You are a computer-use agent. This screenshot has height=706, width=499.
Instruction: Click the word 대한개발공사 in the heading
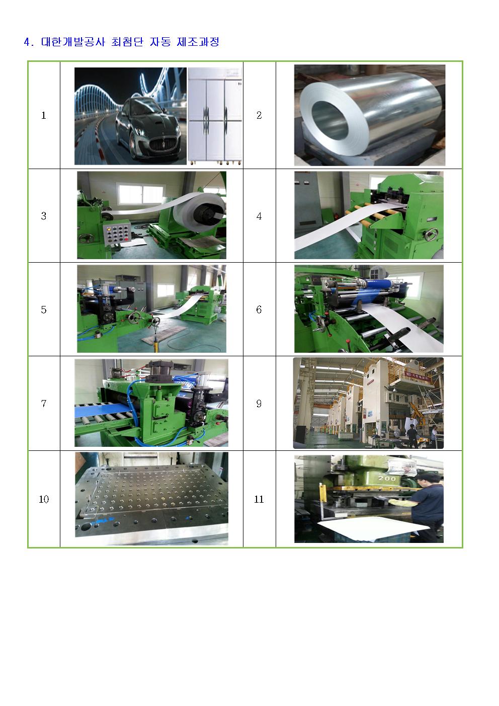pyautogui.click(x=73, y=42)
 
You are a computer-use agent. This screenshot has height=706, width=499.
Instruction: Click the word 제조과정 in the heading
pyautogui.click(x=198, y=42)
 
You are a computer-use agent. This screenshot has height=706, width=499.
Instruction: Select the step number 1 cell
pyautogui.click(x=44, y=115)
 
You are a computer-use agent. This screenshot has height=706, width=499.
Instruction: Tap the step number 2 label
pyautogui.click(x=259, y=115)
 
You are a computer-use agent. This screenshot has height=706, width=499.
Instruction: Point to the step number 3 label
pyautogui.click(x=44, y=216)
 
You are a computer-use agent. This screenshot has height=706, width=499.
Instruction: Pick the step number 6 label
pyautogui.click(x=259, y=309)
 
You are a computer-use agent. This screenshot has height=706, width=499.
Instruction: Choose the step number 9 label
pyautogui.click(x=259, y=404)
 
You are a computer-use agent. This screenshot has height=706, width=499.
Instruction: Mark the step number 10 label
pyautogui.click(x=44, y=499)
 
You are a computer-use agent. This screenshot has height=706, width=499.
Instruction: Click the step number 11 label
pyautogui.click(x=259, y=499)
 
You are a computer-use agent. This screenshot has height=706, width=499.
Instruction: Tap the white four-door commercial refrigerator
pyautogui.click(x=215, y=116)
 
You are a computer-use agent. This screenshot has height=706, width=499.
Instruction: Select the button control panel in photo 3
pyautogui.click(x=117, y=233)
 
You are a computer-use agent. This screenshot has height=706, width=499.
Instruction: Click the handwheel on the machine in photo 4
pyautogui.click(x=431, y=235)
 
